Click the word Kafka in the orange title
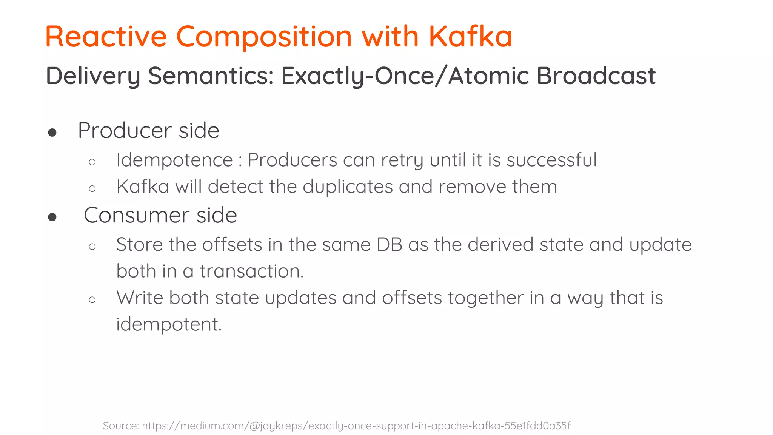click(470, 37)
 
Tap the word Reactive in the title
click(106, 37)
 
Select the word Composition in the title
click(264, 37)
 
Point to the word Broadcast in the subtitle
click(596, 76)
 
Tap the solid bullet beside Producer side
click(52, 133)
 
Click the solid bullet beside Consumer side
click(52, 217)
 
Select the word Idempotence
click(174, 160)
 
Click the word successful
click(551, 160)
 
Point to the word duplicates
click(348, 187)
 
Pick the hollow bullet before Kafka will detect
click(92, 188)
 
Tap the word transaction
click(251, 271)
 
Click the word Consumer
click(136, 216)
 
